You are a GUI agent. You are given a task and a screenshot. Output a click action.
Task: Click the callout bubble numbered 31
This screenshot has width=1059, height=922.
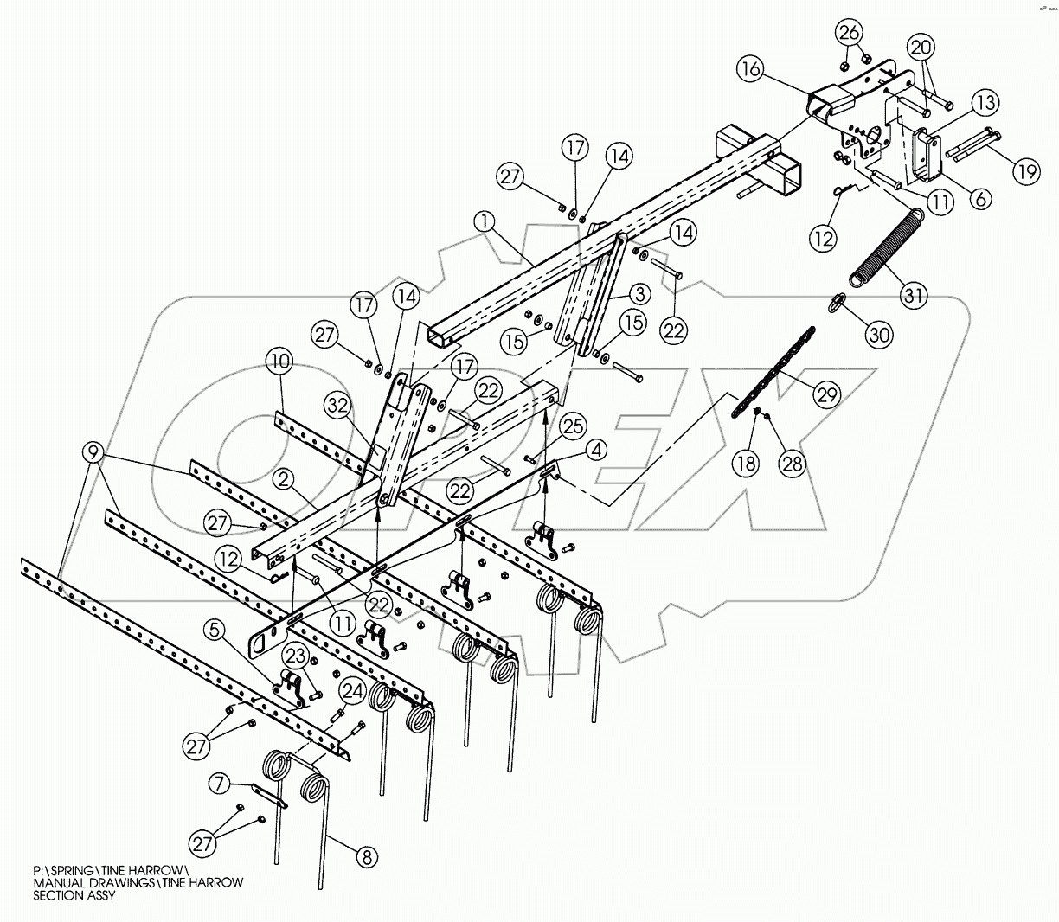click(913, 296)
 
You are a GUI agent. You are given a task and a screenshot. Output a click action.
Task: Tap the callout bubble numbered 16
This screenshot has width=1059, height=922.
click(751, 69)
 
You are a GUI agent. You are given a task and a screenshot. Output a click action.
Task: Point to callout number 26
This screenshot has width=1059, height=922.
click(849, 34)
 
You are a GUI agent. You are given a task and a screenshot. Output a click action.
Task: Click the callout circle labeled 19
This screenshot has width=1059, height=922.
click(1026, 171)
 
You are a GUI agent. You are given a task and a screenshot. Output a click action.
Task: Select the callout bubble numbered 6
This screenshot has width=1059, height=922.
click(980, 198)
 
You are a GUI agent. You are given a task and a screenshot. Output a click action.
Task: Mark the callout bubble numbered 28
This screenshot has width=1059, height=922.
click(793, 463)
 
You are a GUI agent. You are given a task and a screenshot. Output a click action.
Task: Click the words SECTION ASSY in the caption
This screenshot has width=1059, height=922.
click(74, 896)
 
